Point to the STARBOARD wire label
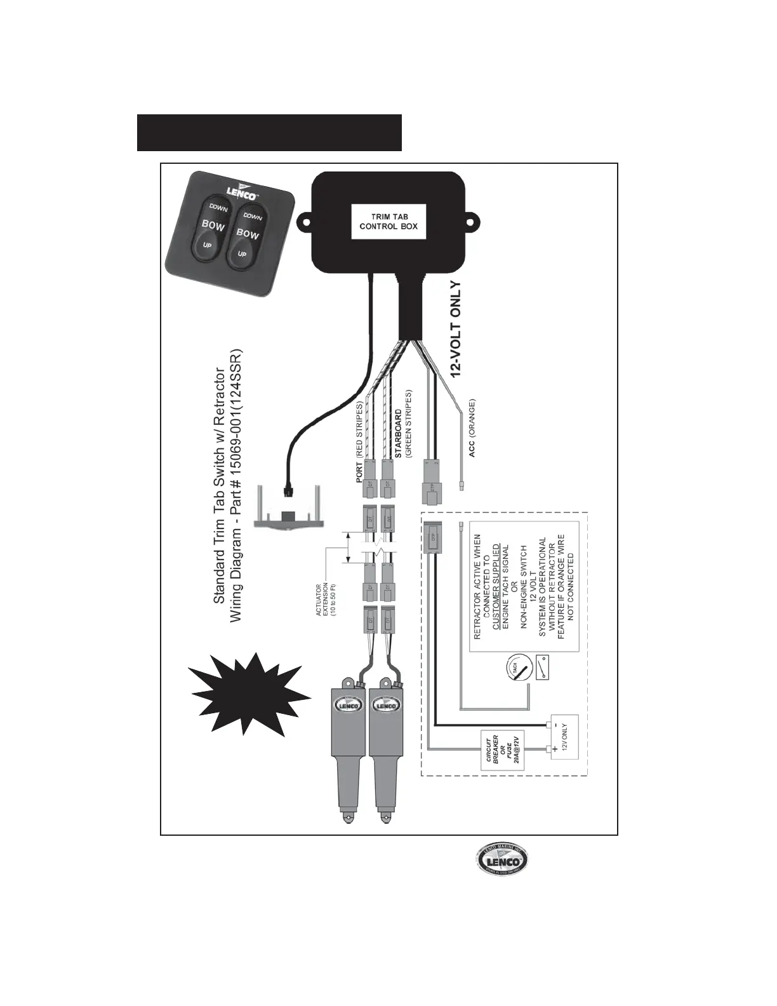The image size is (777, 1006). coord(398,424)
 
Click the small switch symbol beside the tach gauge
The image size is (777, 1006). coord(543,667)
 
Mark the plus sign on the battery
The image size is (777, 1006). coord(556,750)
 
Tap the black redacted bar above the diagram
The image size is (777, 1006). coord(269,133)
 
